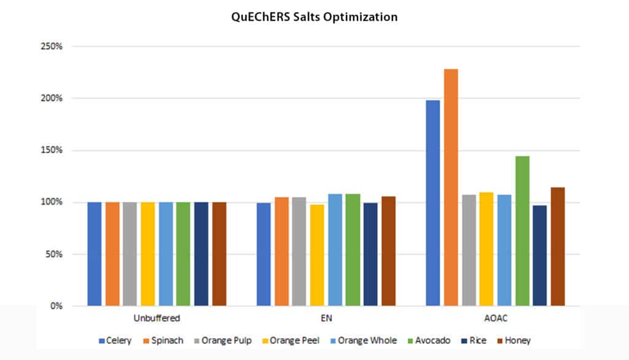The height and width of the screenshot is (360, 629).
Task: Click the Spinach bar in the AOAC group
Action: [x=451, y=187]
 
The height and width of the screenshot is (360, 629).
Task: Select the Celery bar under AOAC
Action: [x=433, y=203]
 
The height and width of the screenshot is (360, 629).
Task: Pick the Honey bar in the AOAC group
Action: [x=557, y=246]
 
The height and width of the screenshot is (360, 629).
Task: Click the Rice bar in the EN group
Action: [x=370, y=254]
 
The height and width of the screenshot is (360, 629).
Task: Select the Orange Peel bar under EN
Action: [x=317, y=255]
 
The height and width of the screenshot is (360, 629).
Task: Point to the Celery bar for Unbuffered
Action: [x=95, y=254]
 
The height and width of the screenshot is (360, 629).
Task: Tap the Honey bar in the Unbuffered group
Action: [x=219, y=254]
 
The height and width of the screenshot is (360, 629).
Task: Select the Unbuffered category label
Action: [x=157, y=319]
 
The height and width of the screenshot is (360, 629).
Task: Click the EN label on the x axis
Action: [x=326, y=319]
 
